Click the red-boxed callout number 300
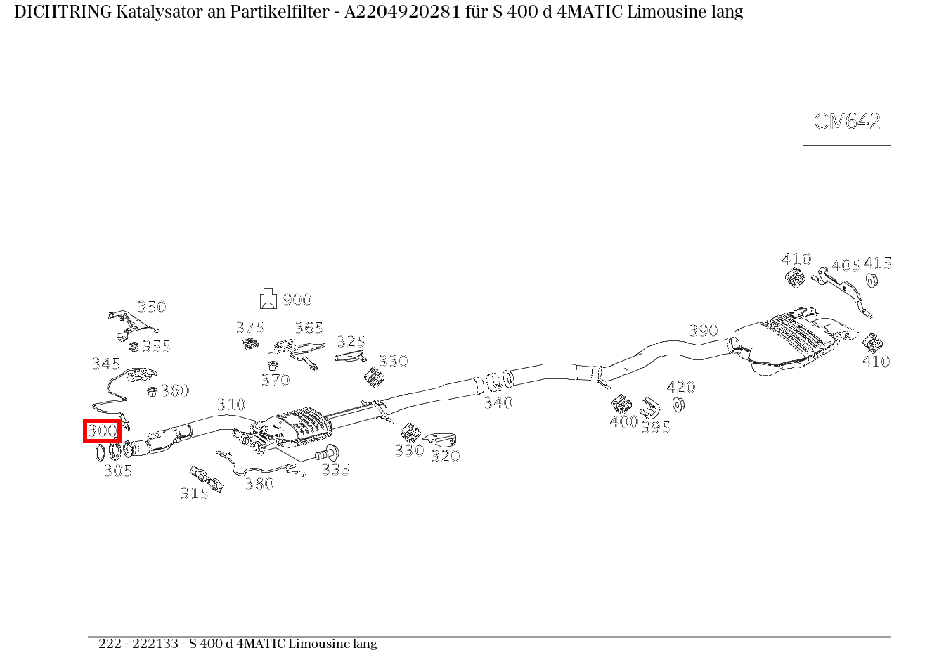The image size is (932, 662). pyautogui.click(x=103, y=431)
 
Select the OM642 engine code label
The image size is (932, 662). pyautogui.click(x=847, y=122)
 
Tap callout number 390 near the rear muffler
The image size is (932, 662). pyautogui.click(x=703, y=331)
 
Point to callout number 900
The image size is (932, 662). pyautogui.click(x=297, y=300)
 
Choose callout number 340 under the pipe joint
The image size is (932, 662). pyautogui.click(x=498, y=402)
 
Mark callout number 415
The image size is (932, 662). pyautogui.click(x=877, y=264)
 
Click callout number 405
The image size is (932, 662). pyautogui.click(x=845, y=266)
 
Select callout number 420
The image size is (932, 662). pyautogui.click(x=680, y=387)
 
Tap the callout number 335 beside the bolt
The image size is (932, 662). pyautogui.click(x=335, y=469)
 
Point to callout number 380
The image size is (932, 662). pyautogui.click(x=259, y=483)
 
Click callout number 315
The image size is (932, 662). pyautogui.click(x=194, y=494)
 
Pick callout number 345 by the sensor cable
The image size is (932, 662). pyautogui.click(x=105, y=364)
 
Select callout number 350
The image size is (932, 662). pyautogui.click(x=151, y=307)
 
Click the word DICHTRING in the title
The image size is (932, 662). pyautogui.click(x=63, y=12)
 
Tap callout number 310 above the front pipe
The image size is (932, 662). pyautogui.click(x=231, y=405)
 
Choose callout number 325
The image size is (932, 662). pyautogui.click(x=351, y=341)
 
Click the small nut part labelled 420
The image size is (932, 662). pyautogui.click(x=678, y=405)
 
